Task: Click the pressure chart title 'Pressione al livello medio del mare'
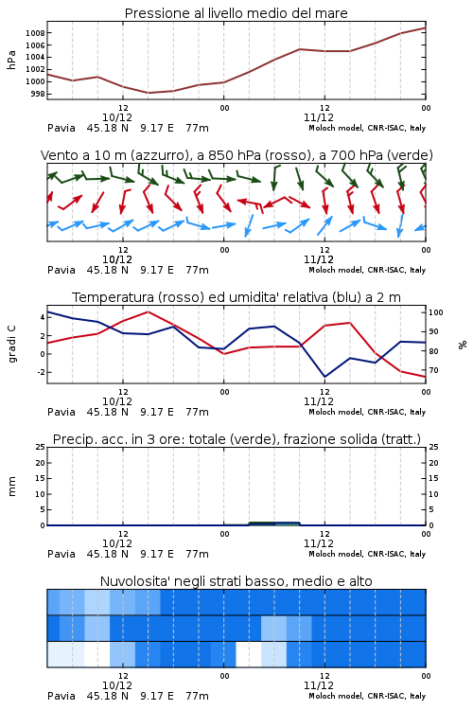tap(236, 13)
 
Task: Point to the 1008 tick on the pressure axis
tap(35, 33)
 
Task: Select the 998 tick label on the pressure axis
tap(37, 94)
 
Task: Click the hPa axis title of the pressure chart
tap(11, 60)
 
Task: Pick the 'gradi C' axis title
tap(11, 345)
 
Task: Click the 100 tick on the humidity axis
tap(436, 312)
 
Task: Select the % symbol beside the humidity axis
tap(463, 345)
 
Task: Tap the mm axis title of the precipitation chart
tap(11, 487)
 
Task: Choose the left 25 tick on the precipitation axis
tap(41, 447)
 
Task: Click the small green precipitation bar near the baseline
tap(274, 524)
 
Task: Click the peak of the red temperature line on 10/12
tap(148, 312)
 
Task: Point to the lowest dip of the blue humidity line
tap(324, 377)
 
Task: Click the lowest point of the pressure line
tap(148, 93)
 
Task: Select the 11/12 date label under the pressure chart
tap(319, 117)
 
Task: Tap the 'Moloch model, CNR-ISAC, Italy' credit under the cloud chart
tap(367, 696)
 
